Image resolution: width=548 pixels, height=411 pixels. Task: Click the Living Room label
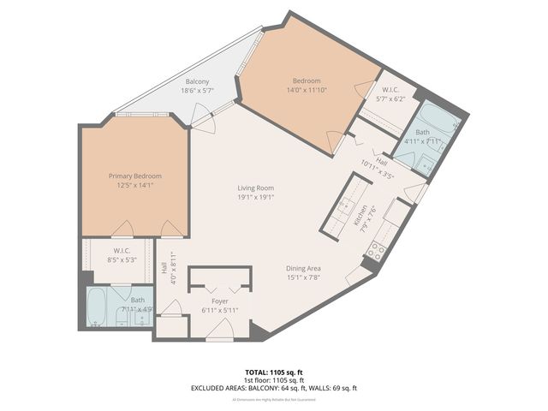255,188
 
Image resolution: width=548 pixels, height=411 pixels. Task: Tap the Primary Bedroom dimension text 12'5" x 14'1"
134,186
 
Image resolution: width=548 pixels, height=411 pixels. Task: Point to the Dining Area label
302,268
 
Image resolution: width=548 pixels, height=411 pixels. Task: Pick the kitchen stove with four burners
374,251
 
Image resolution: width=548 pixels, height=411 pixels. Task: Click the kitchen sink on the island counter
348,205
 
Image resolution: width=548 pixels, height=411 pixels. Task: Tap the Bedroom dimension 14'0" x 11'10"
306,89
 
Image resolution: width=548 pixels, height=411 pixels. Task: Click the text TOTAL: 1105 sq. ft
274,372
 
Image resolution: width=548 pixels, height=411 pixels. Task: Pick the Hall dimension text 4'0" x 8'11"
173,266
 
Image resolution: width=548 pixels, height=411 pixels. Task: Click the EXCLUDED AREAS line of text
274,388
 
